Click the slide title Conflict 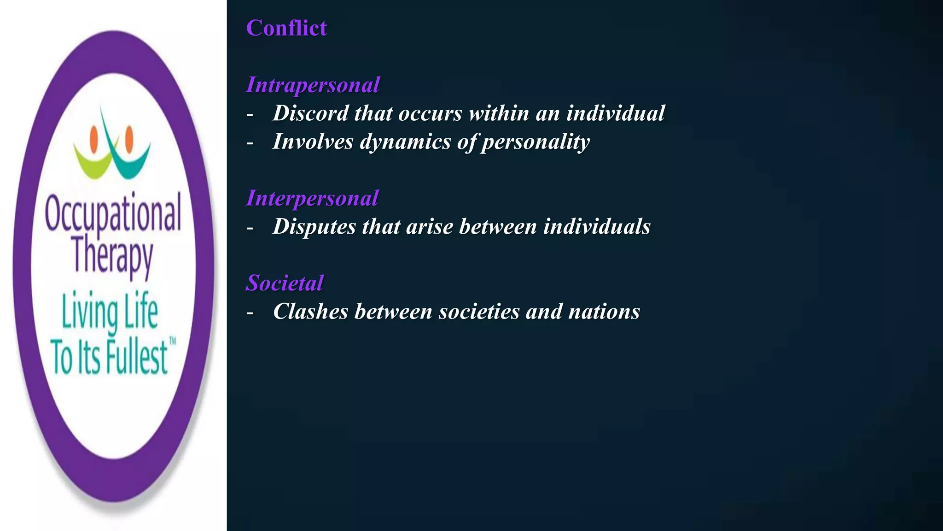coord(286,28)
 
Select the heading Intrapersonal coord(313,85)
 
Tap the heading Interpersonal coord(312,198)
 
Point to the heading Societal coord(285,283)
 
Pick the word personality coord(536,142)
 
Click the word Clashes coord(310,312)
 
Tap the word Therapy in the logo coord(113,256)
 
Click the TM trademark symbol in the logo coord(173,342)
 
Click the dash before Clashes coord(250,313)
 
